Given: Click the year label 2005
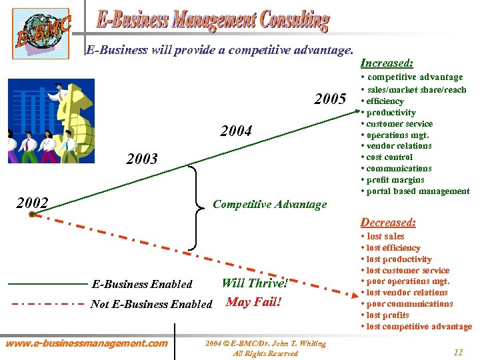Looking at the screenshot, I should click(x=330, y=100).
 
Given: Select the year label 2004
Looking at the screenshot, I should click(x=237, y=131).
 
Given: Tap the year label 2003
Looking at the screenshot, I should click(x=142, y=159).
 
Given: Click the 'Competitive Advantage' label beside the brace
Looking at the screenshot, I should click(x=269, y=204).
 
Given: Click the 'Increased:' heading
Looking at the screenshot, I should click(x=387, y=63).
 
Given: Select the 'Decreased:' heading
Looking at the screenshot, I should click(x=388, y=223).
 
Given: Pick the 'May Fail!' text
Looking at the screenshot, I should click(x=254, y=302).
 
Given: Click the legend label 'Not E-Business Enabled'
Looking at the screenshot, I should click(x=151, y=304).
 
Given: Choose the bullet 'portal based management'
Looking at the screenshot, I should click(x=417, y=191).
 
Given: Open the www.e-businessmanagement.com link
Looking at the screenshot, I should click(x=87, y=343).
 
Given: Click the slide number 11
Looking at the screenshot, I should click(x=457, y=351).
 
